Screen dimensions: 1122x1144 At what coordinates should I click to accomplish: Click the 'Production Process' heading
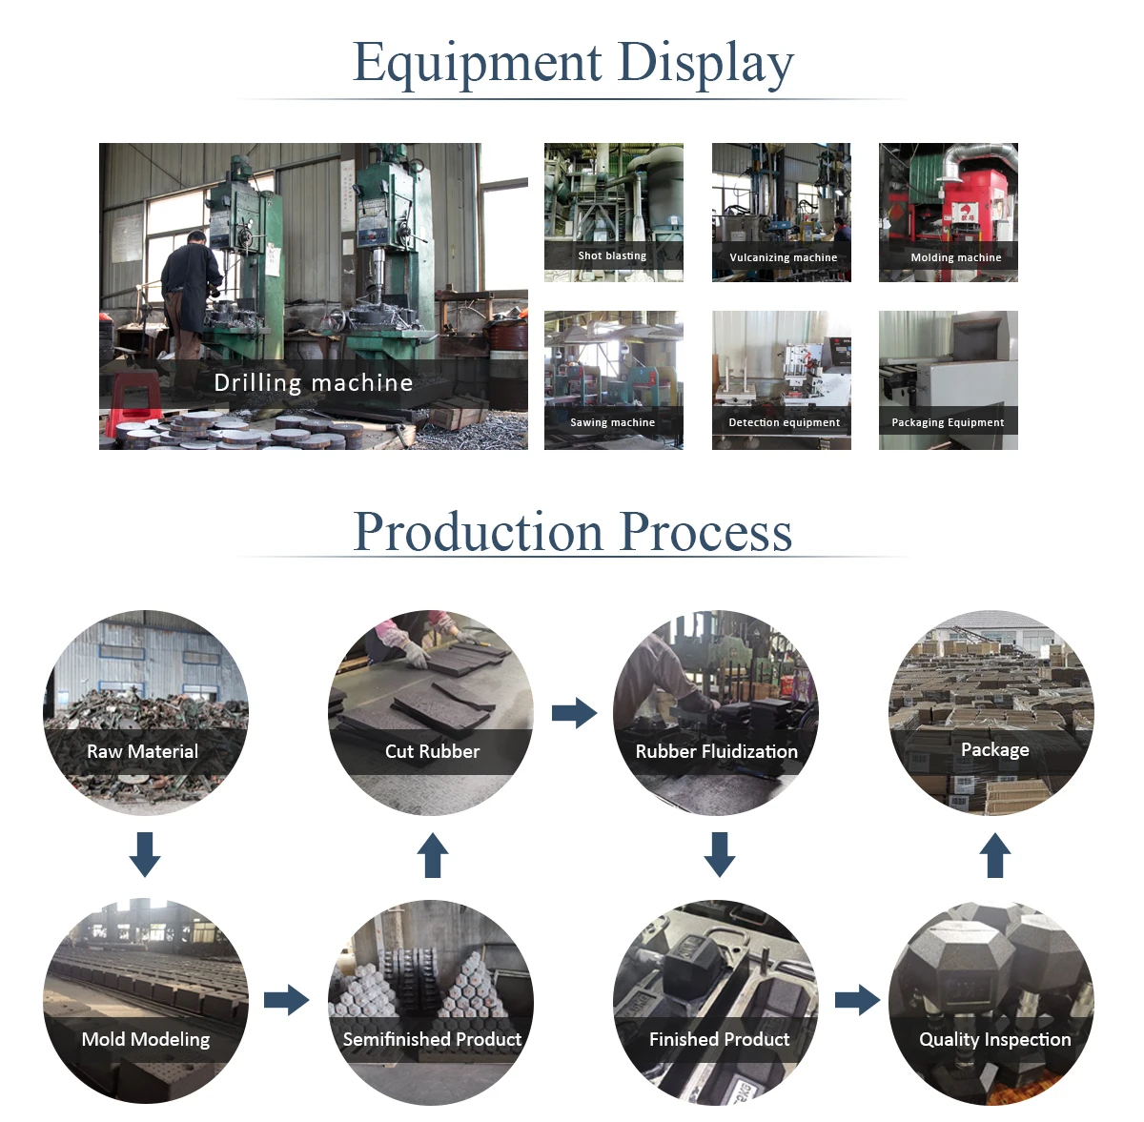click(573, 531)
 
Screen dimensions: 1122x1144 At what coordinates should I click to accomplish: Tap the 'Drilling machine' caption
click(314, 382)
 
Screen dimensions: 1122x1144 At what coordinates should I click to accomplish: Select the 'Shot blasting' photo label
click(612, 255)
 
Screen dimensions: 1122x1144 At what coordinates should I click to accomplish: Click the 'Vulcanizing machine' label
click(783, 257)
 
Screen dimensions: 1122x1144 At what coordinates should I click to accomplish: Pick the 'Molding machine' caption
click(955, 257)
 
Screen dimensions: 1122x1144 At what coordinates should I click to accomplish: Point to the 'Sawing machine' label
click(612, 422)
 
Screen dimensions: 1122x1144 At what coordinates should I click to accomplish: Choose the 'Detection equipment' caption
click(784, 422)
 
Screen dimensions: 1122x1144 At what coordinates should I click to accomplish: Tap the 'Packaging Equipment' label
click(948, 422)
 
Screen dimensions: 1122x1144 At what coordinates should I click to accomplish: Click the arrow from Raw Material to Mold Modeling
click(145, 854)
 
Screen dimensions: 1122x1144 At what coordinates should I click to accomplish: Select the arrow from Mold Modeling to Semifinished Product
click(286, 1000)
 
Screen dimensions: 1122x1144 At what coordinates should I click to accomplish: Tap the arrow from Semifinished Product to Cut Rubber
click(433, 855)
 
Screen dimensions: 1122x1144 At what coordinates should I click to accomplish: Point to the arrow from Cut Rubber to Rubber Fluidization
click(574, 712)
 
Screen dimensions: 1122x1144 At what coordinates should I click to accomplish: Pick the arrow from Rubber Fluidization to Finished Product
click(720, 854)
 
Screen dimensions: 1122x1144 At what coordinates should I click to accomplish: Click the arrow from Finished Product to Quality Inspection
click(857, 1000)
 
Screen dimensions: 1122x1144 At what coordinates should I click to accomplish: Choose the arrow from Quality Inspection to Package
click(995, 855)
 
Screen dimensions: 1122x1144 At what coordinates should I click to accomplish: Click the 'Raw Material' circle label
click(142, 751)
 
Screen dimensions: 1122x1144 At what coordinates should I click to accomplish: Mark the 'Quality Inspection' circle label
click(994, 1039)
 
